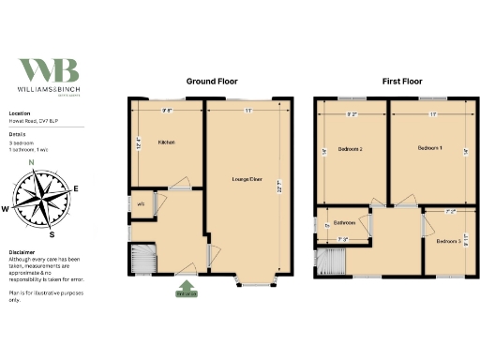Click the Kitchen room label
tap(167, 142)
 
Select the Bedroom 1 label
tap(429, 148)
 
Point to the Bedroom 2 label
tap(349, 149)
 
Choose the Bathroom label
tap(343, 222)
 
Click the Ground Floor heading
tap(211, 82)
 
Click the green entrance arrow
tap(187, 286)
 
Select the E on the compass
tap(75, 188)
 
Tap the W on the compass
tap(6, 209)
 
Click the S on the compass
tap(52, 235)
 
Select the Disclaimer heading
tap(22, 252)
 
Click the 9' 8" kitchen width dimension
tap(167, 111)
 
